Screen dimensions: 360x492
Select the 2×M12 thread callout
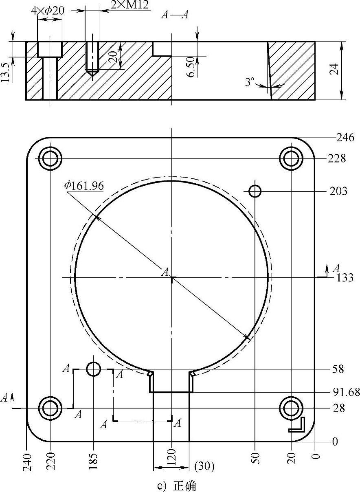pos(130,5)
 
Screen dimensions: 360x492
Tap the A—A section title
pos(175,15)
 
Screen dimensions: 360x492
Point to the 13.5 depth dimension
pos(5,72)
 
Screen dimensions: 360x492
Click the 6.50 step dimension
pos(191,67)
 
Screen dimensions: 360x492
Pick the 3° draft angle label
pos(250,82)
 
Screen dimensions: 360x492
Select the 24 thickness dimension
pos(334,69)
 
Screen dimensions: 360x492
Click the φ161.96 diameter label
pos(84,186)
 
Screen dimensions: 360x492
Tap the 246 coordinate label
pos(345,138)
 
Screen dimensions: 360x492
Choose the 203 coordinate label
pos(338,191)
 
